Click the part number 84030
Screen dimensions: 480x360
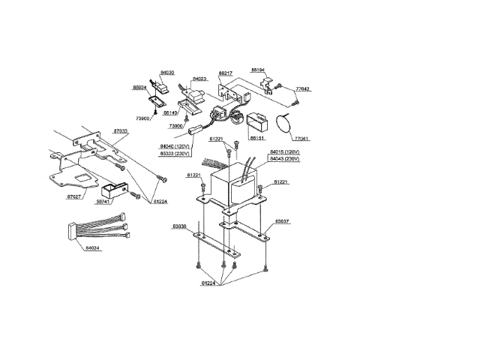pos(167,73)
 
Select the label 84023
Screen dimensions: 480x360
pos(199,78)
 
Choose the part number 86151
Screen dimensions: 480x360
pos(257,139)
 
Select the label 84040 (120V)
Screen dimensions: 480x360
pos(174,146)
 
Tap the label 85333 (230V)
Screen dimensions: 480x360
pos(174,153)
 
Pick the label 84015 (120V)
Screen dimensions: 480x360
pos(285,152)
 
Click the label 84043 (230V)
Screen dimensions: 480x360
pos(285,159)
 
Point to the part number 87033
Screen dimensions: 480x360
pos(120,130)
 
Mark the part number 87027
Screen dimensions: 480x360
pos(73,196)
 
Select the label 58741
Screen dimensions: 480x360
pos(103,202)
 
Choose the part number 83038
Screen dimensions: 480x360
pos(179,226)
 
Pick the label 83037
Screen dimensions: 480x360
pos(282,221)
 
